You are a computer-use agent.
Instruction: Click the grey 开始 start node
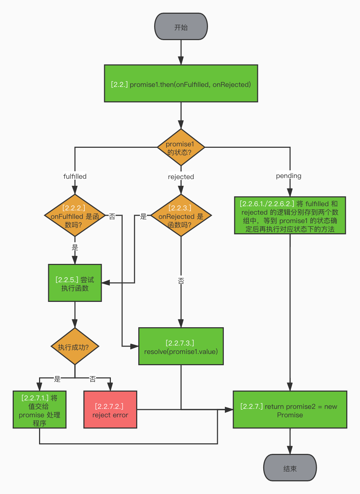click(181, 26)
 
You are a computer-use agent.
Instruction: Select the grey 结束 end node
click(290, 468)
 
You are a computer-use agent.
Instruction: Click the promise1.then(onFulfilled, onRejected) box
click(181, 83)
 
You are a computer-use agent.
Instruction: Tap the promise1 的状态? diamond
click(181, 147)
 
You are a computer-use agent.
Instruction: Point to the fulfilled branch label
click(75, 176)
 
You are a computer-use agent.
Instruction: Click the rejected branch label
click(181, 177)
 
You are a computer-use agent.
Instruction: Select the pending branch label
click(289, 176)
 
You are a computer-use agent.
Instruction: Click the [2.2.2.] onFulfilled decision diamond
click(75, 215)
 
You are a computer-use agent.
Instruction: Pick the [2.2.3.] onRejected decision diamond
click(181, 215)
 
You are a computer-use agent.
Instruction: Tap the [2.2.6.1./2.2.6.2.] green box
click(290, 215)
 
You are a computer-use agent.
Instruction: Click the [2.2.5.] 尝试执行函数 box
click(75, 283)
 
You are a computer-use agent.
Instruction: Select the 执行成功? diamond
click(75, 346)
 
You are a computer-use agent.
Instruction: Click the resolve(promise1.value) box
click(181, 346)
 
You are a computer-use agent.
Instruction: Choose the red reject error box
click(110, 410)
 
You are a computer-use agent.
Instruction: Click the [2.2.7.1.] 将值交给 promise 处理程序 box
click(39, 410)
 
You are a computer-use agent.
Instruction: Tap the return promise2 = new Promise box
click(290, 410)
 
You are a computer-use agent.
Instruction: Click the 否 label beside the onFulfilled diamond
click(112, 216)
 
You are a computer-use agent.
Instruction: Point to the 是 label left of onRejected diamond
click(143, 216)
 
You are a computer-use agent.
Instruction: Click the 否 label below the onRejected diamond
click(181, 280)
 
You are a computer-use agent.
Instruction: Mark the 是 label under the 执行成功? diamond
click(57, 379)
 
